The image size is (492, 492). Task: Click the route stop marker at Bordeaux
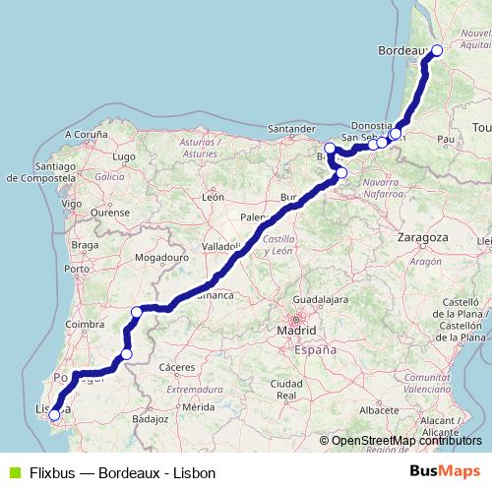tap(437, 50)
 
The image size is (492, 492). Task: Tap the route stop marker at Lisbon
tap(54, 415)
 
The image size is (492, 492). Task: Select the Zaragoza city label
tap(424, 237)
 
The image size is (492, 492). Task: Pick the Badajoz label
tap(152, 418)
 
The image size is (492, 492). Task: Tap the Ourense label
tap(109, 212)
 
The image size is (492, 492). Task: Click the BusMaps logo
tap(444, 471)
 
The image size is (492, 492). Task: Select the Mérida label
tap(198, 405)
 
